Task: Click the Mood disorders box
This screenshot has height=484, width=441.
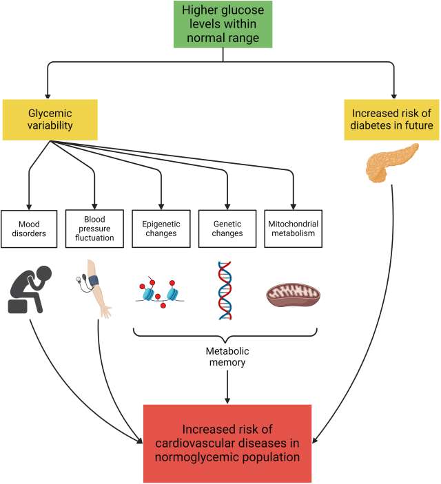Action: (x=29, y=228)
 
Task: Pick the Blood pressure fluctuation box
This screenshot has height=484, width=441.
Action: (x=94, y=228)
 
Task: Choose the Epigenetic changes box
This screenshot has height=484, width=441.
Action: (x=161, y=228)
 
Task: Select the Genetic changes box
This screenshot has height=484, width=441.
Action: (x=227, y=228)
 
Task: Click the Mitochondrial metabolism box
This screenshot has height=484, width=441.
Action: (x=293, y=228)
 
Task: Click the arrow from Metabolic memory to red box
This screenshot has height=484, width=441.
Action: (x=227, y=389)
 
